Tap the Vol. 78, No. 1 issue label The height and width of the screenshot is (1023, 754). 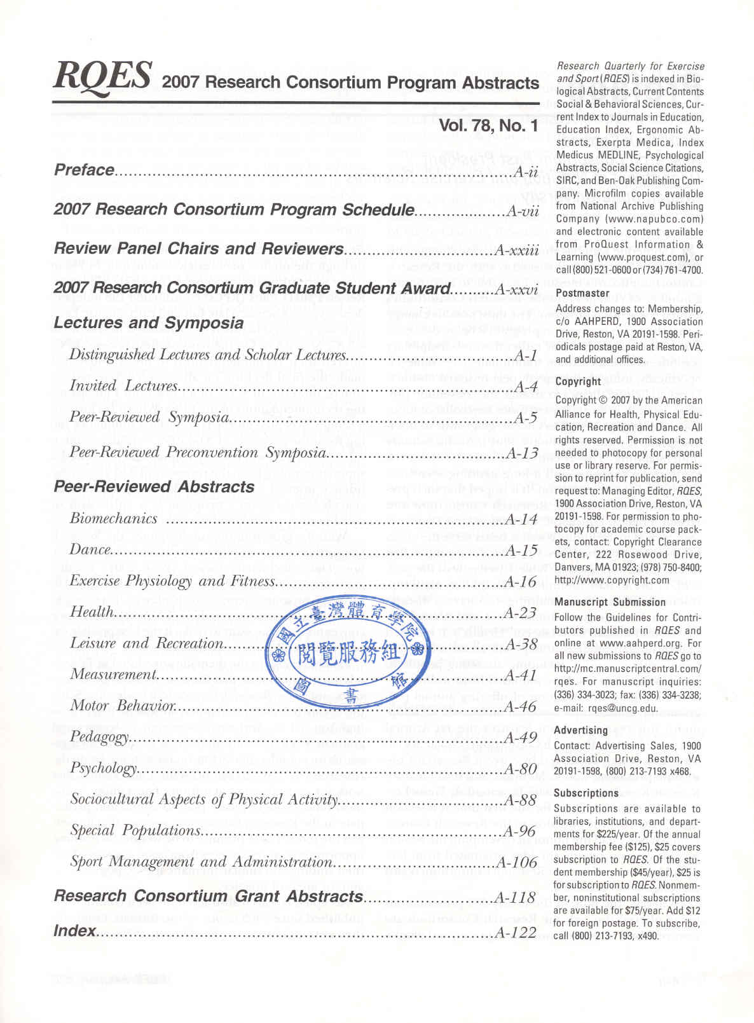coord(488,126)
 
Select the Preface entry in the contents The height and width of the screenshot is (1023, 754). coord(84,170)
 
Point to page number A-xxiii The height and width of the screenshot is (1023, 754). coord(517,249)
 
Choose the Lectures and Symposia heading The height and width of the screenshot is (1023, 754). coord(148,323)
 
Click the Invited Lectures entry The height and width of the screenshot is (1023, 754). coord(124,386)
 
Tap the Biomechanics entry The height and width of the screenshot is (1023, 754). coord(113,519)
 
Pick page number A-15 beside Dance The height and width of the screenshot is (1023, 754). coord(521,551)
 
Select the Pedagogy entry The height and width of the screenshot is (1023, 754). coord(100,737)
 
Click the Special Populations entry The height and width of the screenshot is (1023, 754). coord(135,830)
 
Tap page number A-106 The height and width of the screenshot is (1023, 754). coord(516,863)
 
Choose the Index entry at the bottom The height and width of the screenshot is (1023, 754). coord(74,931)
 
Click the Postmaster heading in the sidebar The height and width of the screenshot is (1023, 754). coord(582,293)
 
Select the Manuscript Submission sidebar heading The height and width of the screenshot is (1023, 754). coord(610,602)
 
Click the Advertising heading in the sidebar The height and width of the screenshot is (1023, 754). coord(580,731)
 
